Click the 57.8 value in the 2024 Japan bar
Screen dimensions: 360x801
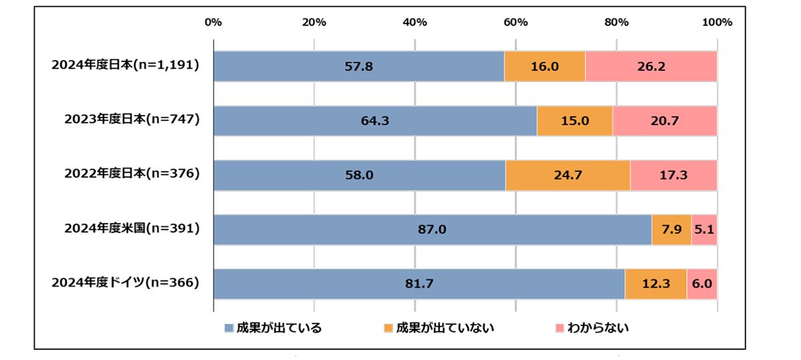[358, 67]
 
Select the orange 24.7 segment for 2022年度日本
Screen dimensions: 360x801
[567, 176]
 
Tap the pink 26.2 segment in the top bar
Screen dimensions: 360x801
[651, 67]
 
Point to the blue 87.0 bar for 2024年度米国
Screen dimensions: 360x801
[433, 230]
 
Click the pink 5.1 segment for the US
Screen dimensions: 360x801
[704, 230]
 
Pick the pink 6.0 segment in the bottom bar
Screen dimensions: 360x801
[702, 284]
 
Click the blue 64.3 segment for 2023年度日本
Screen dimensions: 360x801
[375, 121]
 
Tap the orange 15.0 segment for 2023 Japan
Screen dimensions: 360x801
[575, 121]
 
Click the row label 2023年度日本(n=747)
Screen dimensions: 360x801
[132, 120]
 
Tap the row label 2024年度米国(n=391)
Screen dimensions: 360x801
[132, 228]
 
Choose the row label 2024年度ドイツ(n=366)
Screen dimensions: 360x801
[126, 283]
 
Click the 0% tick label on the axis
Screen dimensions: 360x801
[213, 22]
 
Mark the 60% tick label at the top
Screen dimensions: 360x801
[515, 22]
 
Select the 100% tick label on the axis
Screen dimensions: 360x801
[718, 22]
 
